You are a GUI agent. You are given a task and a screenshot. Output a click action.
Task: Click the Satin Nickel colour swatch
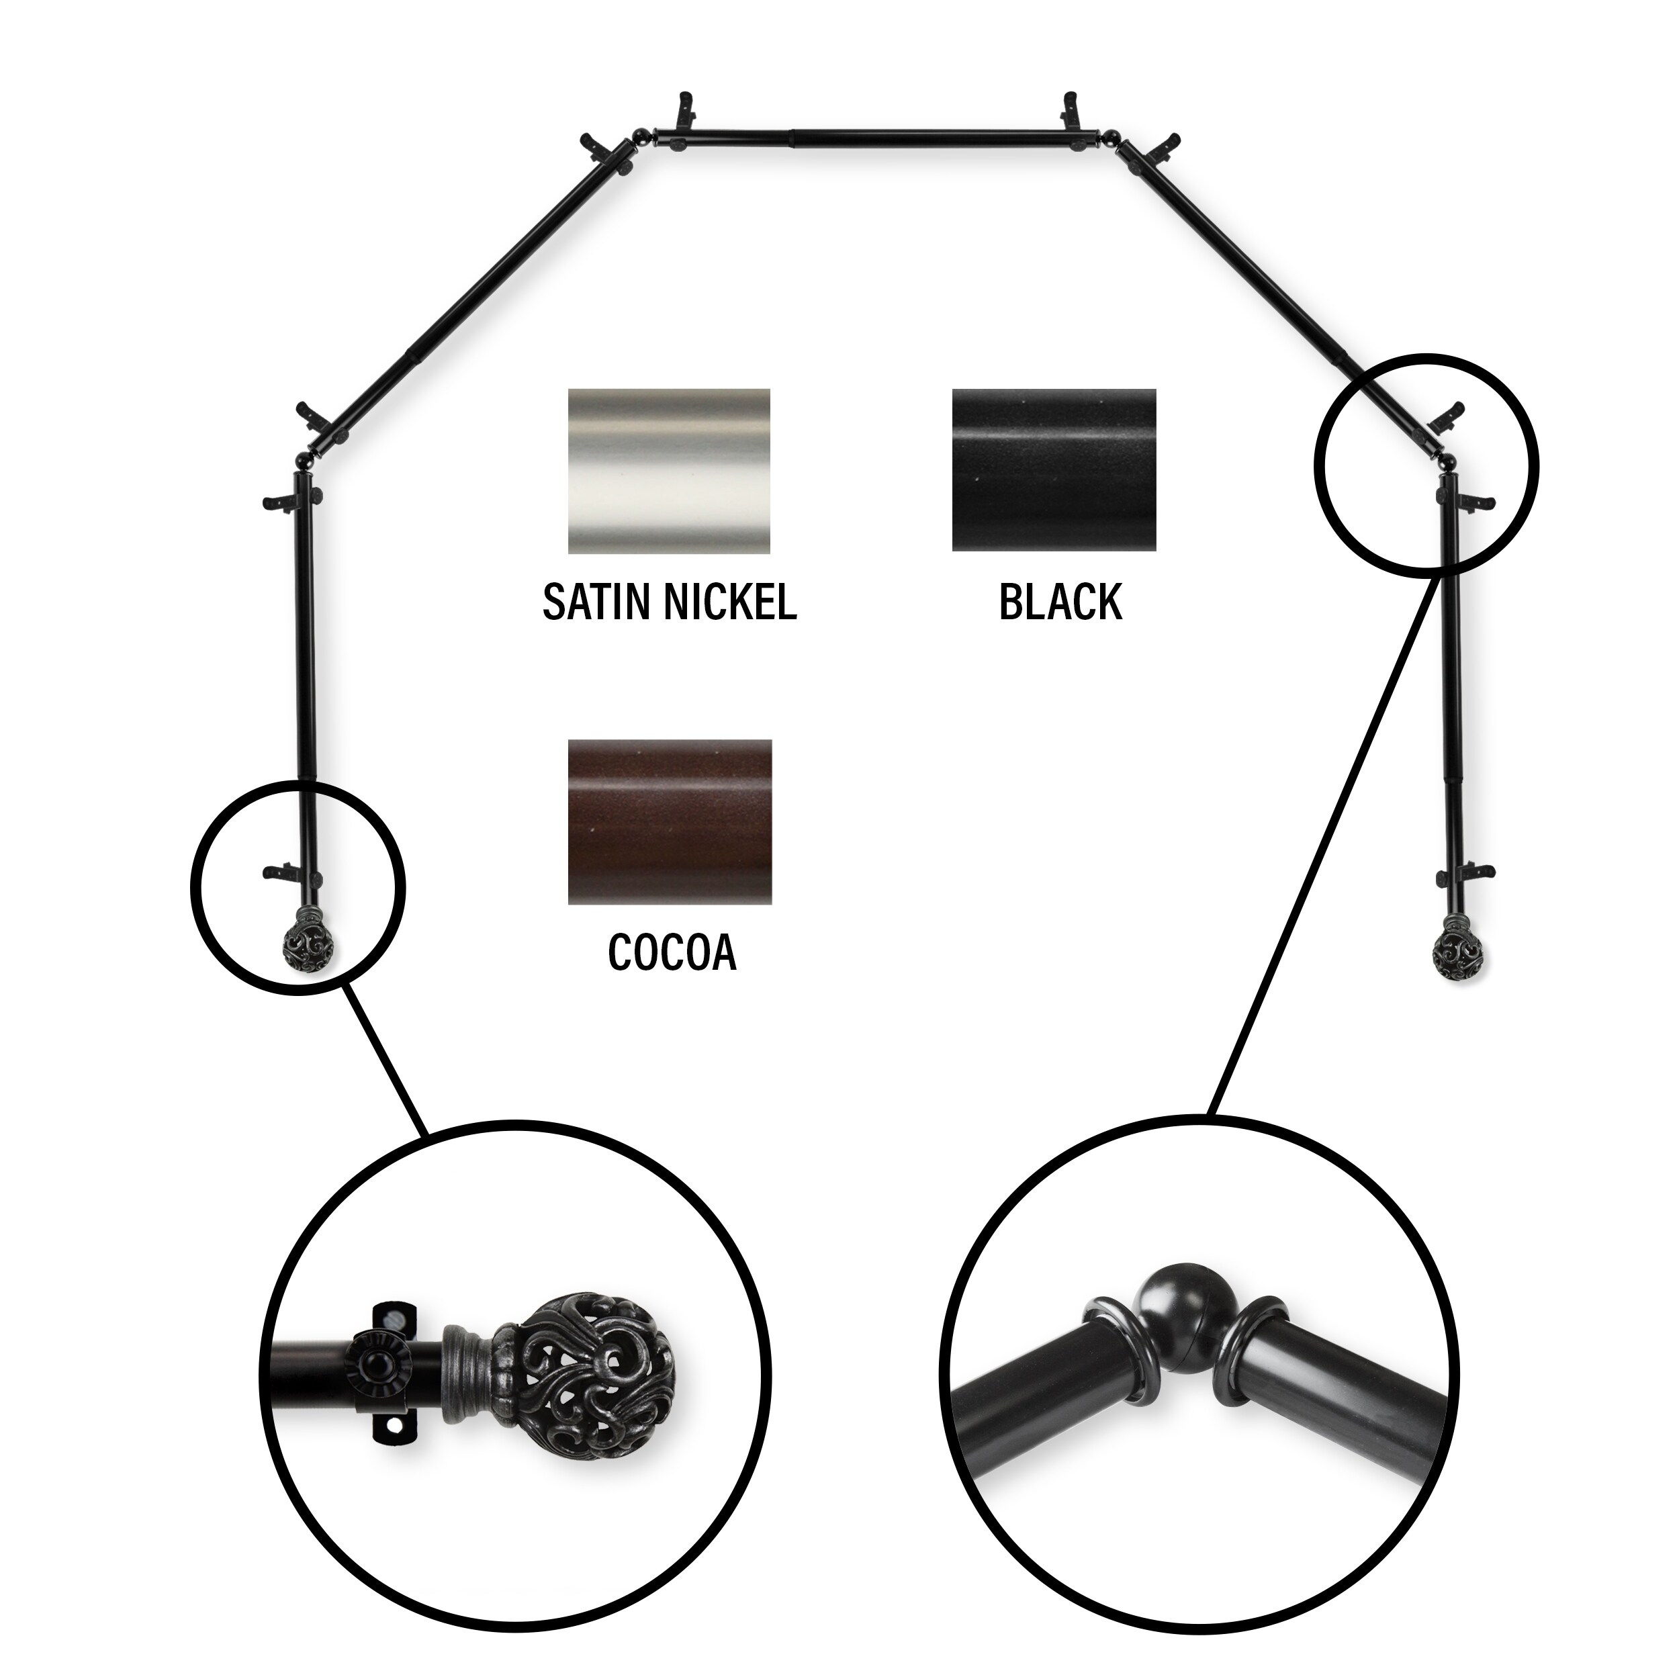[x=669, y=471]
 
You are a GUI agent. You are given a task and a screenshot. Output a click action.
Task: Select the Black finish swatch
[x=1054, y=469]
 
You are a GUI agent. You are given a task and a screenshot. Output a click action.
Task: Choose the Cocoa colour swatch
[x=669, y=822]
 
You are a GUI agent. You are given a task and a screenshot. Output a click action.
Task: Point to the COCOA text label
[x=672, y=952]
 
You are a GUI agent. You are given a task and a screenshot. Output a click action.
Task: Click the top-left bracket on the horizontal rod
[x=686, y=109]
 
